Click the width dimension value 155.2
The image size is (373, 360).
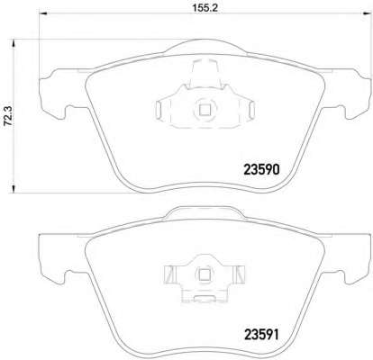tap(205, 8)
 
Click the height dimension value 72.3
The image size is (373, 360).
tap(8, 116)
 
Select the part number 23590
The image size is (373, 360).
tap(262, 170)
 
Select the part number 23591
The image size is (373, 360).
tap(262, 335)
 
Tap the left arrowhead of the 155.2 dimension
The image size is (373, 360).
tap(43, 13)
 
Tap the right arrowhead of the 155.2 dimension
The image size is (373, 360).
tap(367, 13)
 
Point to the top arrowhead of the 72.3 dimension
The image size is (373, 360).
tap(14, 43)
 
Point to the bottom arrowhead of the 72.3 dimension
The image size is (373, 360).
tap(14, 189)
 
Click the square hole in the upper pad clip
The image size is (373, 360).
tap(205, 110)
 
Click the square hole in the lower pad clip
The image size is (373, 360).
tap(205, 274)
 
